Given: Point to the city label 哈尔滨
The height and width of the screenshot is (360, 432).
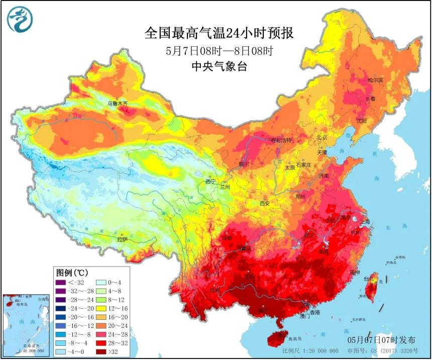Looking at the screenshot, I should point(375,80).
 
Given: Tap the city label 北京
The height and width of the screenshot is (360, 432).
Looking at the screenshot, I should point(322,137).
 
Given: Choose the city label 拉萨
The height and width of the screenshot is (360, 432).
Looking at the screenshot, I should point(124,240).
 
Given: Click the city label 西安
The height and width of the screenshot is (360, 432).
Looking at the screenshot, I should point(265,203).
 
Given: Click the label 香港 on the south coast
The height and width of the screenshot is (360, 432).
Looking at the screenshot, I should point(314,312).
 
